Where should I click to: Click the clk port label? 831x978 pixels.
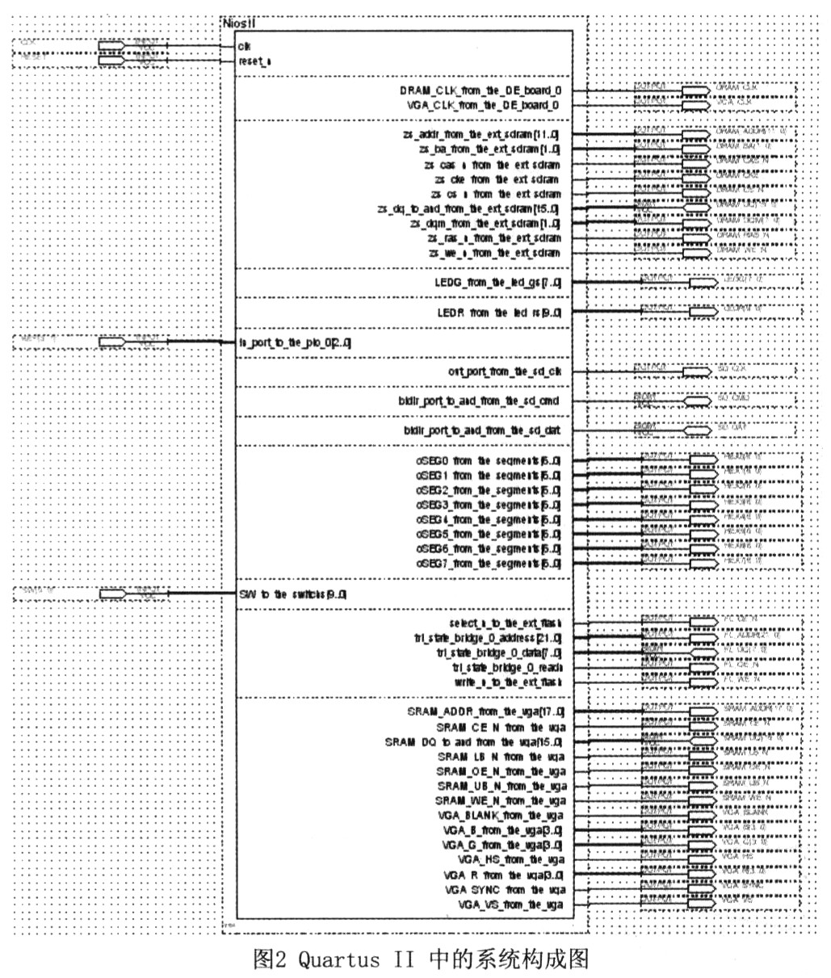244,46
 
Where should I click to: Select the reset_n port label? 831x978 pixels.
254,61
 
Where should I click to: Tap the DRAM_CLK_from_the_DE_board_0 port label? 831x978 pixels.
480,90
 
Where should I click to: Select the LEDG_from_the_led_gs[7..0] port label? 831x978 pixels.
497,282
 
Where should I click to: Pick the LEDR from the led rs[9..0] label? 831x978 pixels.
497,312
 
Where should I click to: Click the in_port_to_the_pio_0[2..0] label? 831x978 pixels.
295,342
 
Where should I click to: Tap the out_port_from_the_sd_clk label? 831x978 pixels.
504,371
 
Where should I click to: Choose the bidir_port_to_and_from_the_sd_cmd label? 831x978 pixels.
480,401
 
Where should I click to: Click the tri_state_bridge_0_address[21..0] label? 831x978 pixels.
489,638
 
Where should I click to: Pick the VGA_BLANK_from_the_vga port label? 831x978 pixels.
502,816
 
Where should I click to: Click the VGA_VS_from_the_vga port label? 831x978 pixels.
510,905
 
